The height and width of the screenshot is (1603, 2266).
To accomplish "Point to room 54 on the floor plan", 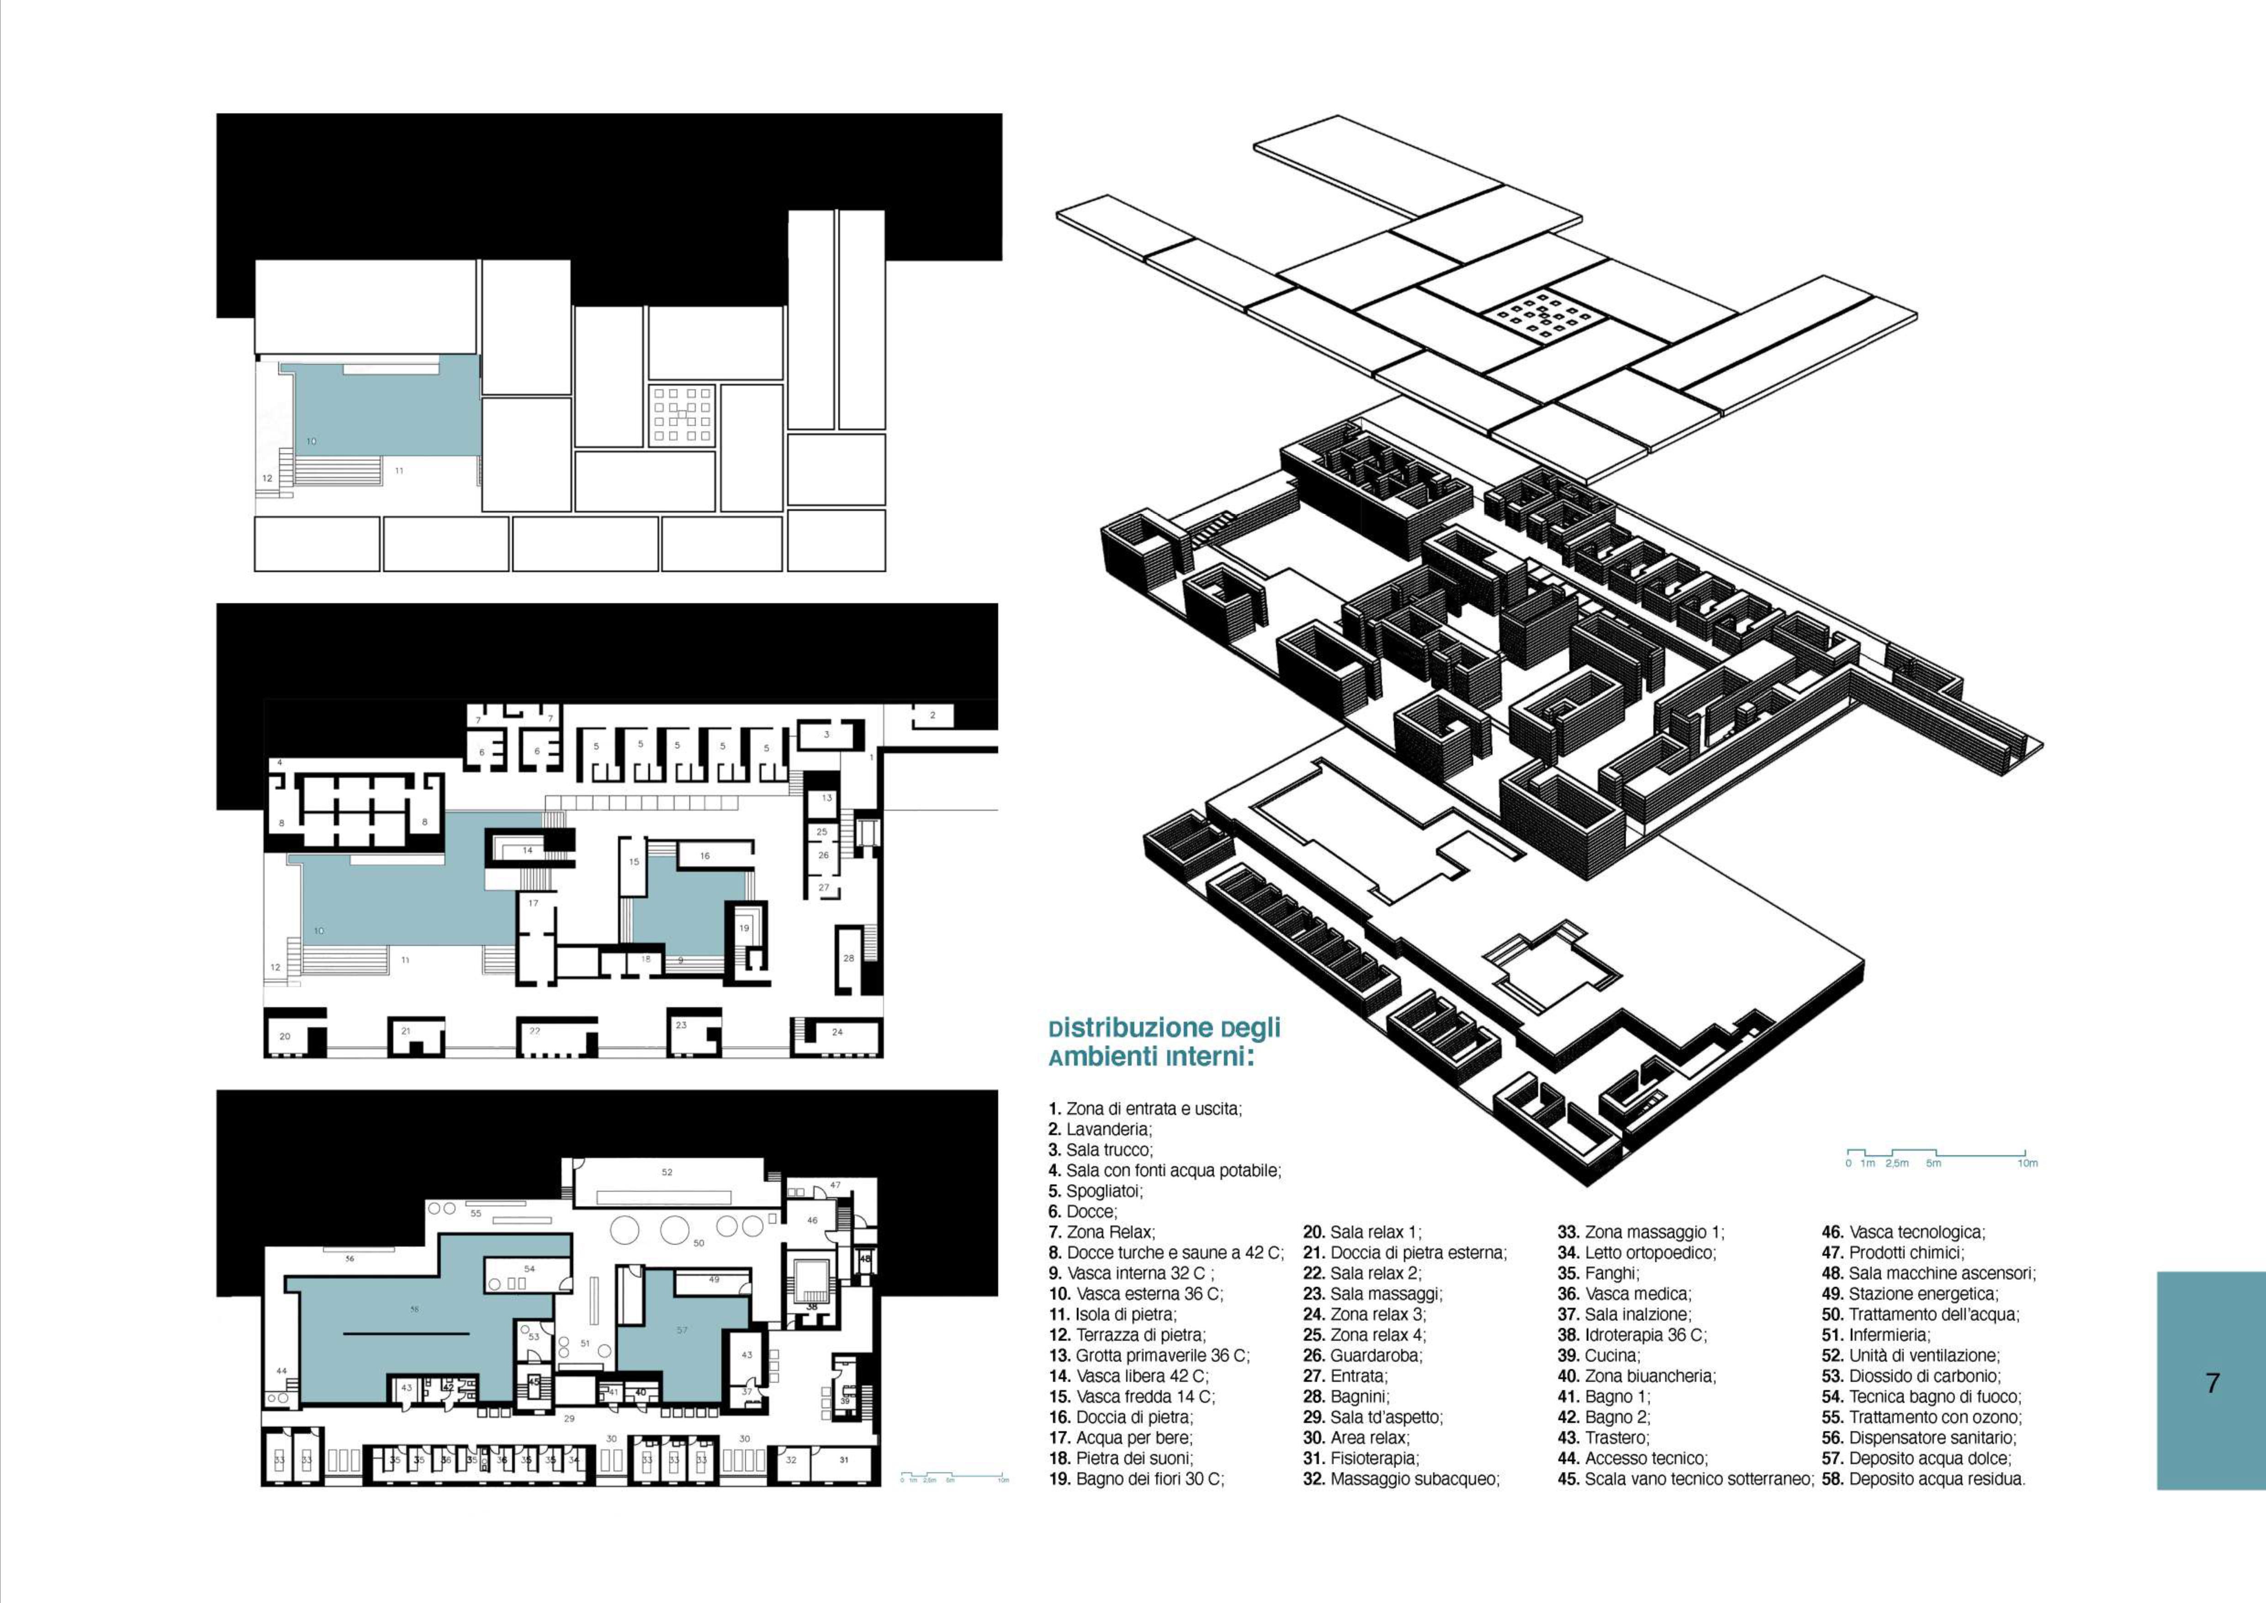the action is point(530,1269).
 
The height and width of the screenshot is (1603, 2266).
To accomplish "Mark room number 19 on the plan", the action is point(744,928).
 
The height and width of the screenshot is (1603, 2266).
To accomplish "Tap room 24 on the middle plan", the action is point(837,1032).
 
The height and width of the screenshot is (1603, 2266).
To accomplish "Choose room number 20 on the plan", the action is point(285,1036).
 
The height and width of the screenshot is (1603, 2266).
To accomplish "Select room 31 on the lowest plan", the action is point(844,1460).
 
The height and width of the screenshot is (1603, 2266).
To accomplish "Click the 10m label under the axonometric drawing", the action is point(2027,1164).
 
